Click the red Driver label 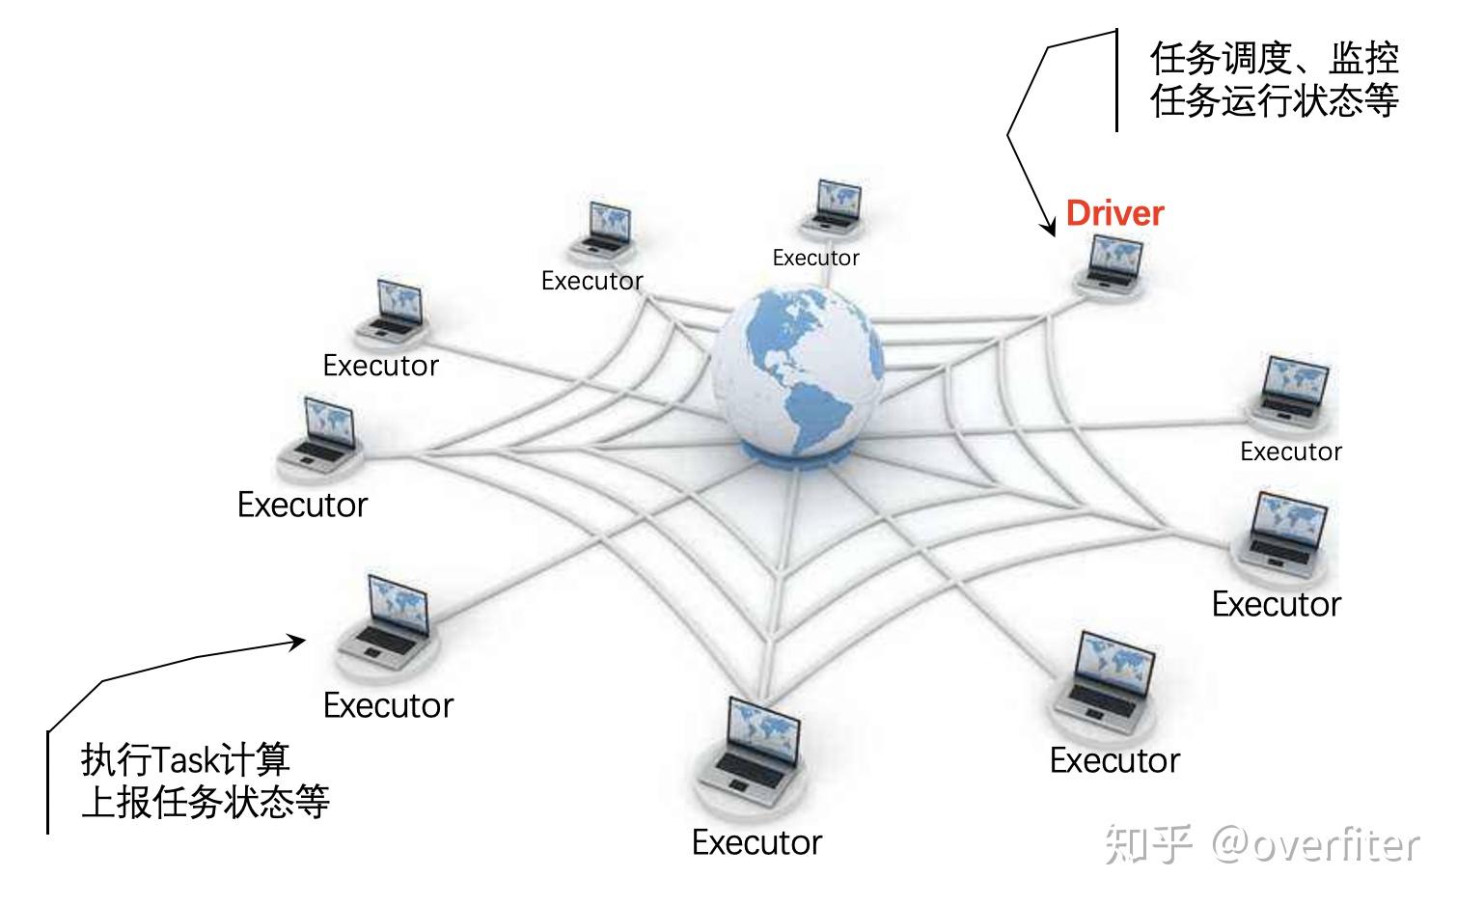(x=1114, y=213)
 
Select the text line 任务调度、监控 (x=1274, y=59)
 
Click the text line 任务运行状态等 (x=1274, y=100)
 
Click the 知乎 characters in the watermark (x=1148, y=844)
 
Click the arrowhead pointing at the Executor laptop (x=297, y=642)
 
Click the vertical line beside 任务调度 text (x=1116, y=81)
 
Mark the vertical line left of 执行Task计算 (x=47, y=782)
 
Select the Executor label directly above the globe (x=815, y=258)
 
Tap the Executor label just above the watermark (x=1114, y=760)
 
